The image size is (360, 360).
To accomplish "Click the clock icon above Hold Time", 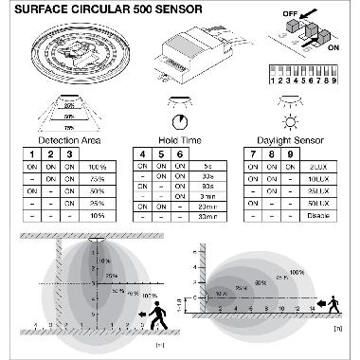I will (180, 122).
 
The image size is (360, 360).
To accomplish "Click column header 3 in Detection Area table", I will (69, 153).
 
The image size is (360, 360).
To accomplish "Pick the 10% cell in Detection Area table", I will (95, 214).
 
